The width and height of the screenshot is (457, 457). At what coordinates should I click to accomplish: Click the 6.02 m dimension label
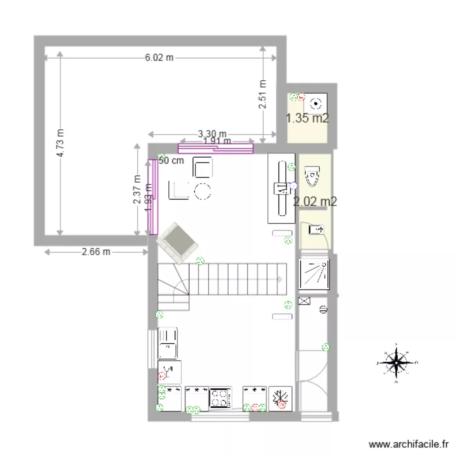pos(158,58)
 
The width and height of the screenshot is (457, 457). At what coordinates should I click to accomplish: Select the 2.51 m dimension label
pos(263,94)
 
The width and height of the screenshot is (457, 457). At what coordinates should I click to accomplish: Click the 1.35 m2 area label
pos(308,118)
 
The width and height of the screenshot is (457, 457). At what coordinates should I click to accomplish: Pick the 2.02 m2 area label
pos(315,201)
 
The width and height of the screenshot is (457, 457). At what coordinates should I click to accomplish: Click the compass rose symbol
pos(397,363)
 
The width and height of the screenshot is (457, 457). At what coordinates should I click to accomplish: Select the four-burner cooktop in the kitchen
pos(220,398)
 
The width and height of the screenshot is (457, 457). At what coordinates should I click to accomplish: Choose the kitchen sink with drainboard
pos(168,343)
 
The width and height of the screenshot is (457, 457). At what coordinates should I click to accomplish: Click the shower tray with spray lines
pos(314,272)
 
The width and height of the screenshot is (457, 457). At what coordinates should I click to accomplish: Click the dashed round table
pos(202,191)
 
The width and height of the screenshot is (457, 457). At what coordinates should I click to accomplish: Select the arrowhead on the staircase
pos(280,279)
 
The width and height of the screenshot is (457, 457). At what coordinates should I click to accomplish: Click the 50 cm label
pos(171,161)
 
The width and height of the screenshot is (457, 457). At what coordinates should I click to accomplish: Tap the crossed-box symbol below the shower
pos(305,300)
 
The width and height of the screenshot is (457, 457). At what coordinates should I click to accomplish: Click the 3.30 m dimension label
pos(211,134)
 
